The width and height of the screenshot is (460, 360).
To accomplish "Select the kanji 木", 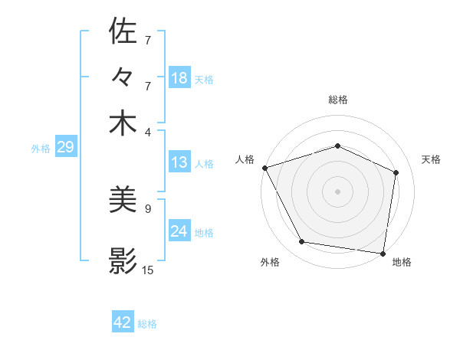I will (x=123, y=123).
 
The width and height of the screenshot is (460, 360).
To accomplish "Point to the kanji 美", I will (x=123, y=201).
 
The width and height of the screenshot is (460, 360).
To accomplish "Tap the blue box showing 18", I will (x=179, y=78).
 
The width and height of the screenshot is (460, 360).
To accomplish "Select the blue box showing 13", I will (x=179, y=162).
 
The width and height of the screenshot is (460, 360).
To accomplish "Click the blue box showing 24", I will (x=179, y=231).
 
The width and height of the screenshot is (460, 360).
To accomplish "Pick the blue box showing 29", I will (x=65, y=148).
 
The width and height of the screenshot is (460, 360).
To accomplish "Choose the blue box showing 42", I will (x=123, y=322).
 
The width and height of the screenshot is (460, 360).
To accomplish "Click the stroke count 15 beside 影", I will (x=148, y=270).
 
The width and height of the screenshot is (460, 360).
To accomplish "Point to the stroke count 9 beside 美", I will (x=148, y=208).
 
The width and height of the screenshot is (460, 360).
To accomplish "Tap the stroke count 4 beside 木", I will (x=148, y=131).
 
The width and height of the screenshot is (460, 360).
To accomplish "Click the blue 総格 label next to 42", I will (x=147, y=324).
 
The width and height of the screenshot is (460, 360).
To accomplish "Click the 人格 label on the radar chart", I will (x=245, y=159).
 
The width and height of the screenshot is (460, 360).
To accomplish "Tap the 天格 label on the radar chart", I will (x=432, y=159).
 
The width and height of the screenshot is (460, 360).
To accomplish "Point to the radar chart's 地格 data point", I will (x=383, y=253).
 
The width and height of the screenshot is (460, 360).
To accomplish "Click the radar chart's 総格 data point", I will (x=338, y=146).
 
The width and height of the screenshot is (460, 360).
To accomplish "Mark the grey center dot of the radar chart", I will (x=338, y=191).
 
